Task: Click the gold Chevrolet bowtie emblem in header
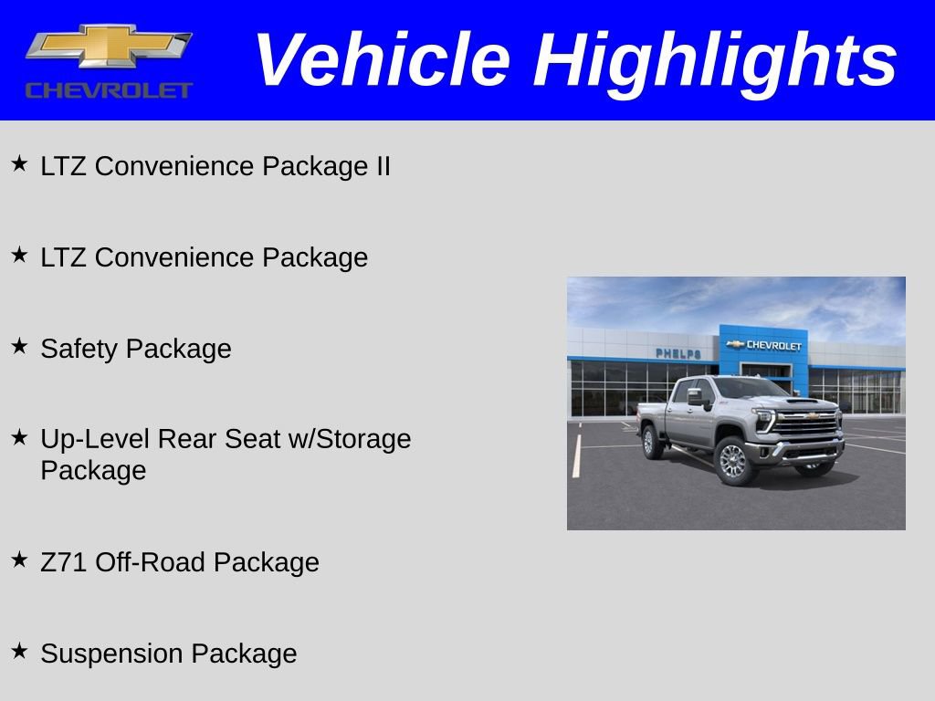coord(109,46)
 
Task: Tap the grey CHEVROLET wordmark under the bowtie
coord(109,90)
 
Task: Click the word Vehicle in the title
coord(383,59)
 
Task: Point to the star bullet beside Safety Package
coord(20,346)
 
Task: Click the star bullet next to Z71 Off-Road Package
coord(20,560)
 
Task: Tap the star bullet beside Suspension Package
coord(20,650)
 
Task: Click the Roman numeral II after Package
coord(383,166)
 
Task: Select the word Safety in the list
coord(79,350)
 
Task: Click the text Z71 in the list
coord(64,562)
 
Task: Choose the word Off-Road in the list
coord(151,562)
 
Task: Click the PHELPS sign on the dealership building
coord(678,353)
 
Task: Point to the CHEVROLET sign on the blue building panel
coord(764,345)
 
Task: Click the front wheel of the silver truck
coord(734,461)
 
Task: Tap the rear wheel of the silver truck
coord(650,442)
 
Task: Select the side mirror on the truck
coord(696,397)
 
